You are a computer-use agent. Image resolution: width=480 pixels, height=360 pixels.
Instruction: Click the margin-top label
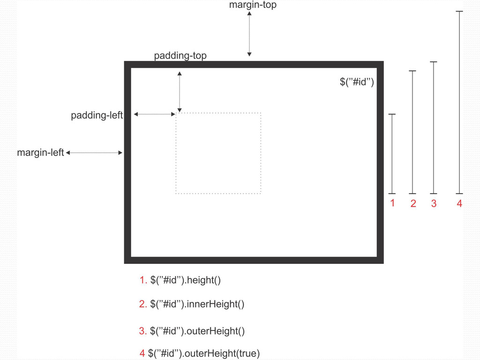click(x=253, y=5)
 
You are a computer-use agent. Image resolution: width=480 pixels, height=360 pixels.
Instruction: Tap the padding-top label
click(x=180, y=56)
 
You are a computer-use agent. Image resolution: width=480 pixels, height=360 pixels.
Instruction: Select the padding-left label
click(x=97, y=115)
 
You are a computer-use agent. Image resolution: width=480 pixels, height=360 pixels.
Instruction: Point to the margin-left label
click(x=40, y=153)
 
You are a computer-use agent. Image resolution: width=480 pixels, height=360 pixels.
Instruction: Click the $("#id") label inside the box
click(x=356, y=82)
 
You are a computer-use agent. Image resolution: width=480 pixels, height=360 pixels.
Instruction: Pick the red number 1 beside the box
click(x=392, y=203)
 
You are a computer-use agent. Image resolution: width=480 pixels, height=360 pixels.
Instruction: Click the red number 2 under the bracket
click(x=413, y=203)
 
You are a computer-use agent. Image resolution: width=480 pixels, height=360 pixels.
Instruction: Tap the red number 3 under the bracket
click(x=434, y=203)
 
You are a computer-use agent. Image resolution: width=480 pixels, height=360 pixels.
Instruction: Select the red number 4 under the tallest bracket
click(x=459, y=203)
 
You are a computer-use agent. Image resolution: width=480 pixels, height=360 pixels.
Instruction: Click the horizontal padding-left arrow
click(x=154, y=114)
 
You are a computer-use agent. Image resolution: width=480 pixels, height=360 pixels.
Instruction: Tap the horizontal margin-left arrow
click(x=94, y=153)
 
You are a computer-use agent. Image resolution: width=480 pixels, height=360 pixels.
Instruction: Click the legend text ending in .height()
click(x=185, y=280)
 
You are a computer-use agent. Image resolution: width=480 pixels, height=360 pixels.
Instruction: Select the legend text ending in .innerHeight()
click(x=197, y=304)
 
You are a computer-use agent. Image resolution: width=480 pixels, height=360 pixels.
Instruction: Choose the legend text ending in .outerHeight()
click(x=197, y=331)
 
